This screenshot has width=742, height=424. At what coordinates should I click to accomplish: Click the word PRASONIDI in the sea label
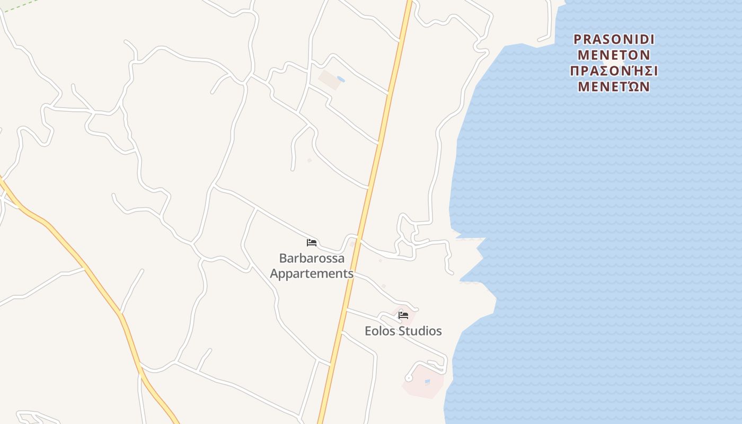tap(614, 40)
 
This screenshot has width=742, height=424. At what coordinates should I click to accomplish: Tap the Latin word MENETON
tap(614, 55)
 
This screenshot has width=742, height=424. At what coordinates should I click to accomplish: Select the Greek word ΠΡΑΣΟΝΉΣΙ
tap(614, 71)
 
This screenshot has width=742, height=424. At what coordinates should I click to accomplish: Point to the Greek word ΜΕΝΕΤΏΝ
tap(614, 86)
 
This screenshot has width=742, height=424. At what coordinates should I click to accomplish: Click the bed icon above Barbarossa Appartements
tap(312, 243)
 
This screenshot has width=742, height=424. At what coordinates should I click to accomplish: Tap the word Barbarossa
tap(312, 259)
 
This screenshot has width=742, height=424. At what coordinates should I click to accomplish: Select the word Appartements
tap(312, 273)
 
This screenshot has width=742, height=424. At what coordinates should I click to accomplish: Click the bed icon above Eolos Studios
tap(403, 315)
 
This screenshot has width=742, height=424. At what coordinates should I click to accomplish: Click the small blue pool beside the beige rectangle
tap(341, 79)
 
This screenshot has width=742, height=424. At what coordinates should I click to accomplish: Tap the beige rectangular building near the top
tap(330, 79)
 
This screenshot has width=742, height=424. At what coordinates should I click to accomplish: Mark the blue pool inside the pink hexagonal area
tap(427, 381)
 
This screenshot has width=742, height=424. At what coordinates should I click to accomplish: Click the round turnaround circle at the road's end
tap(409, 378)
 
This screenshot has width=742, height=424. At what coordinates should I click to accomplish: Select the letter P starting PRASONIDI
tap(578, 40)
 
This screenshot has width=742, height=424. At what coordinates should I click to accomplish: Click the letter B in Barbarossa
tap(283, 259)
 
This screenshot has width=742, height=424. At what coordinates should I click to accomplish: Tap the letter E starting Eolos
tap(368, 331)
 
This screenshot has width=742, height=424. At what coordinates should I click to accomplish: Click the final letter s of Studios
tap(439, 331)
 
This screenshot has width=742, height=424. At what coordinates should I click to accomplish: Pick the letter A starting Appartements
tap(274, 273)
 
